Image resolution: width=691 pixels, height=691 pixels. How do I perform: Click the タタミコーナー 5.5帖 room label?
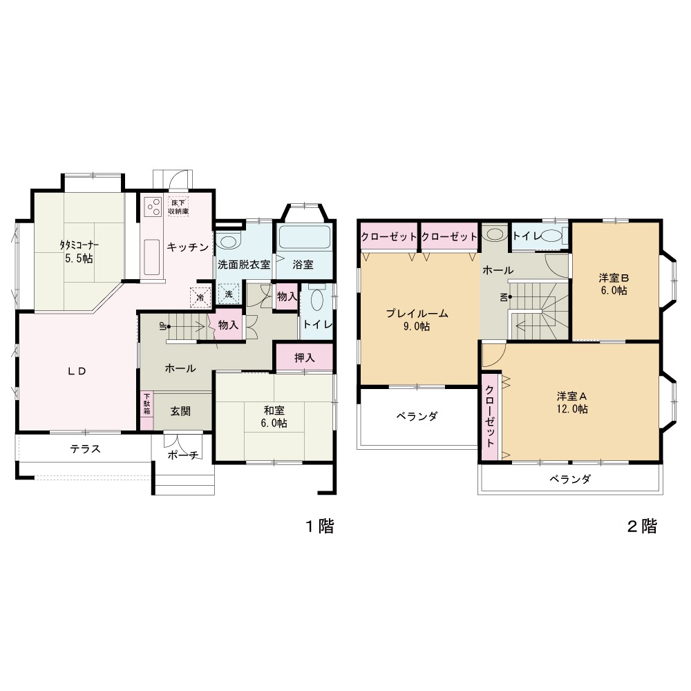(x=79, y=252)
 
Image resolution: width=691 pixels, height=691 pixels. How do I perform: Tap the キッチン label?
(x=188, y=247)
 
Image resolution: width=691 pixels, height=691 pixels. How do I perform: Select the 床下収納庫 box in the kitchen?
(x=178, y=207)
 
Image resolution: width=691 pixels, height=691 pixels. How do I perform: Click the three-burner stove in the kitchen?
(x=153, y=206)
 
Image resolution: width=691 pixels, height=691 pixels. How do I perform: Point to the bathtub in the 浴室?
(x=304, y=237)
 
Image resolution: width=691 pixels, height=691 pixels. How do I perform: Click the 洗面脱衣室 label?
(x=244, y=265)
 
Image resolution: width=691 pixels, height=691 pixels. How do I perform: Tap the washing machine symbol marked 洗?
(x=229, y=294)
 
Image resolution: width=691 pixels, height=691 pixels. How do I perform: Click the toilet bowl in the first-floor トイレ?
(x=317, y=300)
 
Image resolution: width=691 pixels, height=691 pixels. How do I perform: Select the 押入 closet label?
(x=305, y=357)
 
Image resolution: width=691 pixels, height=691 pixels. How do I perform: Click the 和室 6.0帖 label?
(x=275, y=417)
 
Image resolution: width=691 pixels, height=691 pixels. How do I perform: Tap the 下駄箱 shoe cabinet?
(x=146, y=410)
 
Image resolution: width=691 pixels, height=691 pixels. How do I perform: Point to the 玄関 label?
(x=180, y=410)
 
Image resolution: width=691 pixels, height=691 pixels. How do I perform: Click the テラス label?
(x=86, y=448)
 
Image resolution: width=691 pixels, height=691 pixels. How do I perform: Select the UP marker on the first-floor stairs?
(x=163, y=327)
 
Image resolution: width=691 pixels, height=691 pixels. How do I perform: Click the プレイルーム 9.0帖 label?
(x=417, y=320)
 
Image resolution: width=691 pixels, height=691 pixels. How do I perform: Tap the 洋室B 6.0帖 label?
(x=614, y=284)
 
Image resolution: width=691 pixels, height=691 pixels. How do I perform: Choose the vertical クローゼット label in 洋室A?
(x=490, y=416)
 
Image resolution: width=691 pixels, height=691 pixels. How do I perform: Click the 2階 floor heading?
(x=642, y=526)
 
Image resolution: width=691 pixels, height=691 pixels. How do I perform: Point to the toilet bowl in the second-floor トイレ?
(x=551, y=236)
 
